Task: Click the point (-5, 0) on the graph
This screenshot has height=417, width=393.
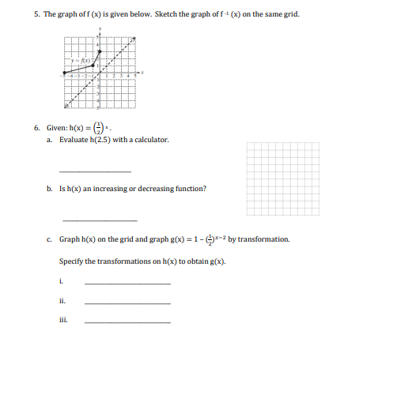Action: pos(64,73)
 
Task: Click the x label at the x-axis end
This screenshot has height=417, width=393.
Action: pos(142,72)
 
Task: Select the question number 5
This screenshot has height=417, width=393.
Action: pos(36,14)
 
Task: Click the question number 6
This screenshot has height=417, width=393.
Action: pos(36,126)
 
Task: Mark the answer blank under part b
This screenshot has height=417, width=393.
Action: pos(99,220)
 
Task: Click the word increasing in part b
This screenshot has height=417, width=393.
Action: pos(117,190)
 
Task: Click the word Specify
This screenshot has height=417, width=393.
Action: pos(72,261)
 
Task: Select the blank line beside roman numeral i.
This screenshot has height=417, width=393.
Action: pos(127,284)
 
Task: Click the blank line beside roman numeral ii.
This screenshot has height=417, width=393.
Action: pos(127,302)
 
